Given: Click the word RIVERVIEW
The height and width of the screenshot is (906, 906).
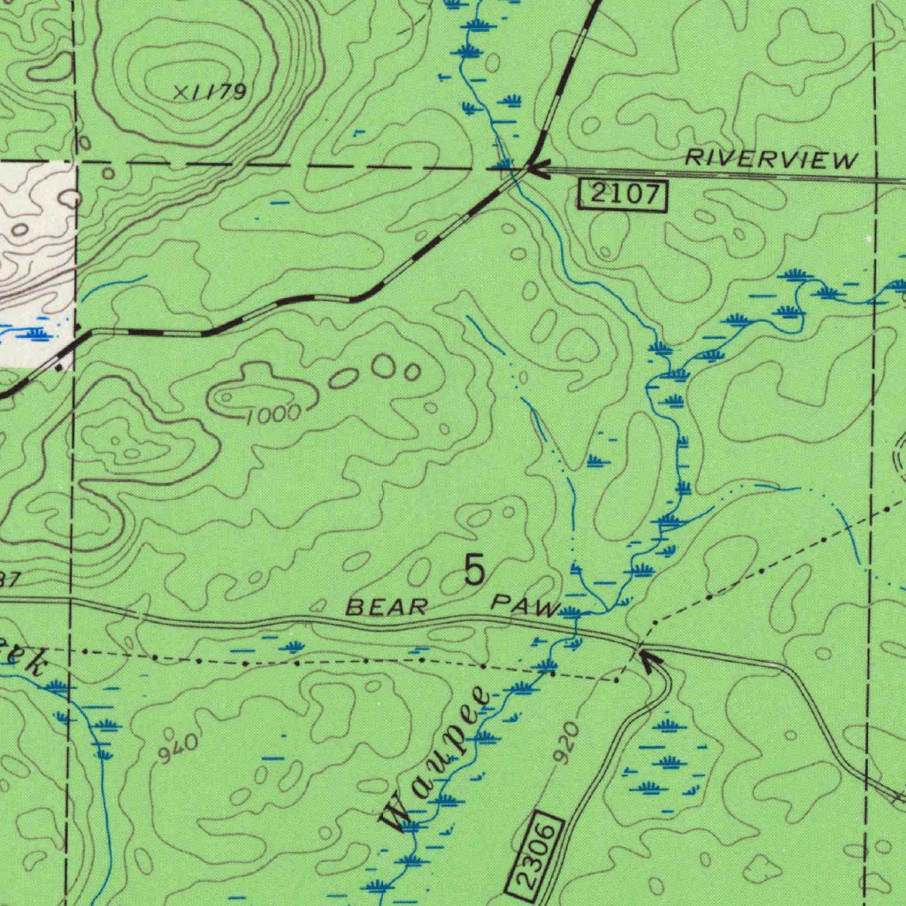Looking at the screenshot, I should (x=772, y=159).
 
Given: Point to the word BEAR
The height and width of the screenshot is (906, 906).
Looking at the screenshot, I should (x=387, y=608).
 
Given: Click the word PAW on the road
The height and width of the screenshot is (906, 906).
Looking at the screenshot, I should (x=526, y=606).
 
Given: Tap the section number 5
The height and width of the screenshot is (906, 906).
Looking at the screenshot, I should (x=475, y=572).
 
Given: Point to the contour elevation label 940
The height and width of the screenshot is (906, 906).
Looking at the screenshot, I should (x=178, y=749).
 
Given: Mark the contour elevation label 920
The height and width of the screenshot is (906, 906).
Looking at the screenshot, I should (x=566, y=741).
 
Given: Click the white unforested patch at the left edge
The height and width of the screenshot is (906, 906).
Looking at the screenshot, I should (x=35, y=257).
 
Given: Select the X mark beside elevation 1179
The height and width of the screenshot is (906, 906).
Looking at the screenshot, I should (x=182, y=92).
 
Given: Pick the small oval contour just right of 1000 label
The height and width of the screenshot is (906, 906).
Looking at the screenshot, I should (x=343, y=379).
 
